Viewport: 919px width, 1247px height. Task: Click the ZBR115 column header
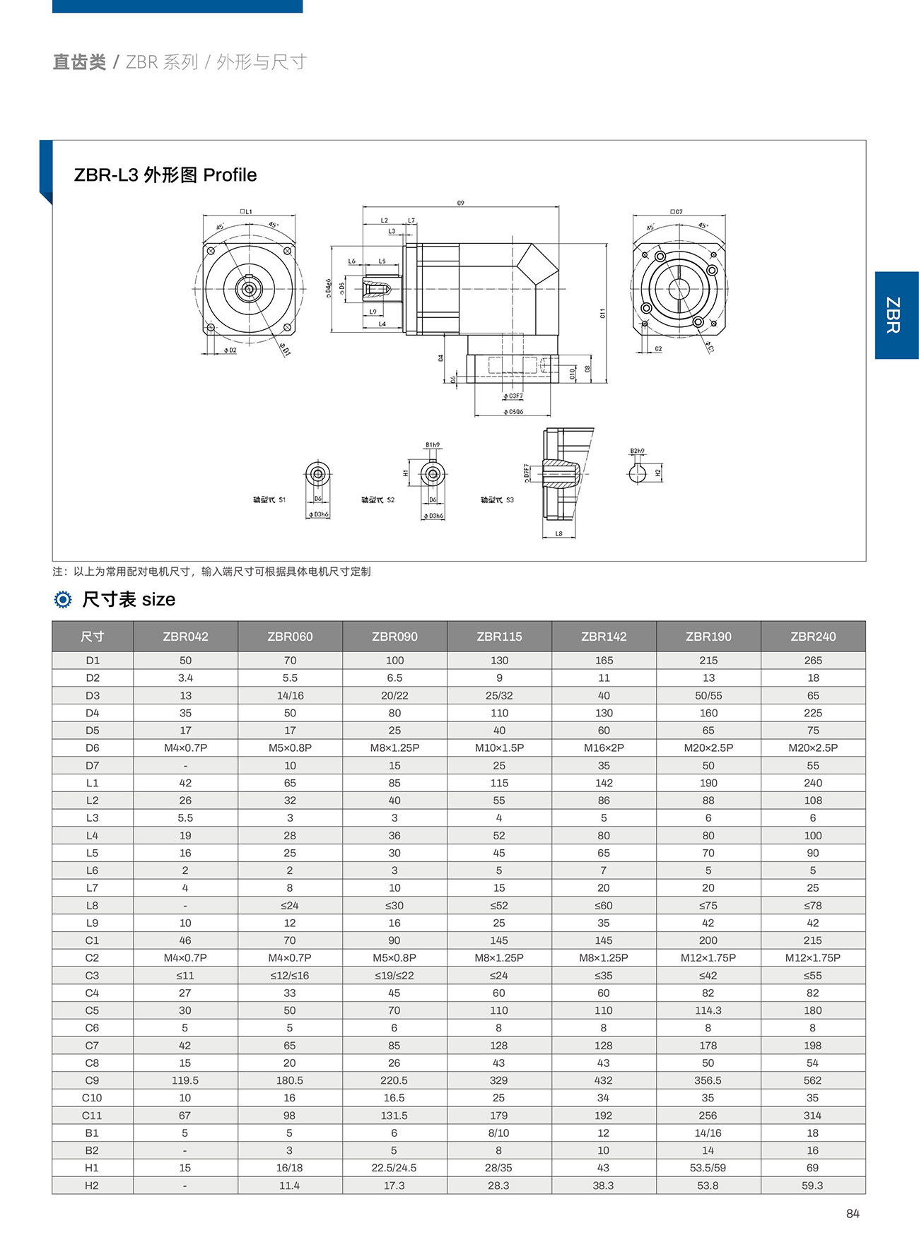point(499,637)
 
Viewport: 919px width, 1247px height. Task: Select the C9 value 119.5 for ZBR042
point(185,1080)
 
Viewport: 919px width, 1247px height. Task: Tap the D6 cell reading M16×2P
point(604,747)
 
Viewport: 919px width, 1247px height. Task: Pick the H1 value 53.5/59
point(708,1168)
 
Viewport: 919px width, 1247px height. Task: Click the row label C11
point(92,1116)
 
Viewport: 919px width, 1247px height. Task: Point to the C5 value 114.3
point(708,1010)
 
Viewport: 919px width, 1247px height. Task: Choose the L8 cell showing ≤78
point(812,906)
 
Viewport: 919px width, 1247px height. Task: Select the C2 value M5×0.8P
point(394,958)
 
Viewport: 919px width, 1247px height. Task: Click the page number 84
point(853,1214)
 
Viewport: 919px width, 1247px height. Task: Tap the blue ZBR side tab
point(896,315)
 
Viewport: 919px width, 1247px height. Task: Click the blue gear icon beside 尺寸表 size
point(63,600)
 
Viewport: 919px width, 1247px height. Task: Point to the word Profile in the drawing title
point(230,175)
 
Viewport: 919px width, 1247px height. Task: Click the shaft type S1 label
point(269,500)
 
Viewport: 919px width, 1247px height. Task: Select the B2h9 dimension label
point(637,451)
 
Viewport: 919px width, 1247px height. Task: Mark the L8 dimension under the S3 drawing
point(558,534)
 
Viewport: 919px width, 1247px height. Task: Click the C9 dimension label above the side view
point(460,203)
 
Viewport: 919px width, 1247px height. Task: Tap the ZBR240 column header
point(813,637)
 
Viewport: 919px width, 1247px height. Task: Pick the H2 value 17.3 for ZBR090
point(394,1186)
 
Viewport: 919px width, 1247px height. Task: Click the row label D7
point(92,765)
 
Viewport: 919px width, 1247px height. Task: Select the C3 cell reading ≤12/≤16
point(290,976)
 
